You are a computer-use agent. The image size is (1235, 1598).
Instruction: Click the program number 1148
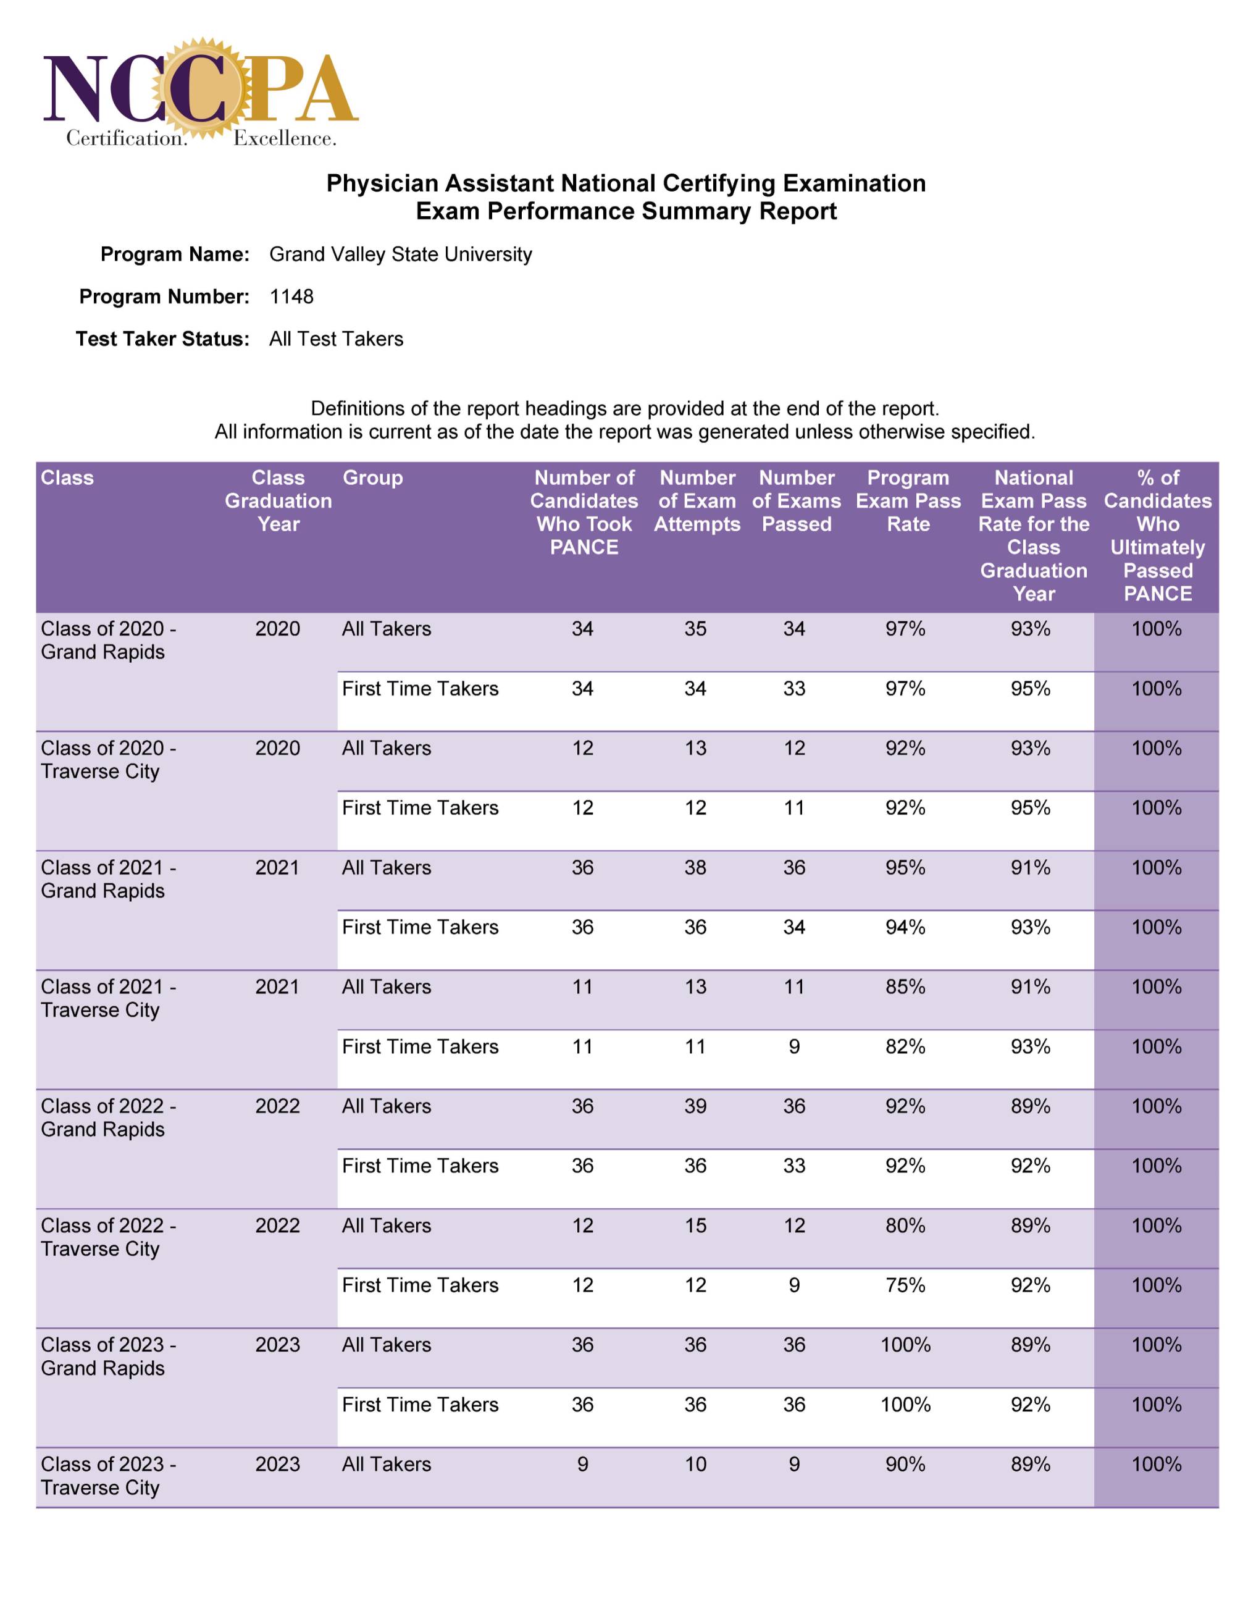pos(291,296)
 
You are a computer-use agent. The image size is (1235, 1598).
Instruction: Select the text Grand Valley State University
pos(400,254)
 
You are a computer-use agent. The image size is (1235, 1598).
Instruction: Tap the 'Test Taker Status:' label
pos(162,339)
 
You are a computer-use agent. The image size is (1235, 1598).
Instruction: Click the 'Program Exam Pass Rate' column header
pos(907,500)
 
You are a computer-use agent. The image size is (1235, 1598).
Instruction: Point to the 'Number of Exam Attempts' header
pos(697,500)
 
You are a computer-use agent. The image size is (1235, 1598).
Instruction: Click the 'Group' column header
pos(372,477)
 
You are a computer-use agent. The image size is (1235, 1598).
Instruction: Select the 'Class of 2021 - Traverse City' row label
pos(108,998)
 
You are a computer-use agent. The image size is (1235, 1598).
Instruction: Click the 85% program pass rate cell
pos(905,986)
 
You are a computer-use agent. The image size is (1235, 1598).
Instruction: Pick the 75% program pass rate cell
pos(905,1285)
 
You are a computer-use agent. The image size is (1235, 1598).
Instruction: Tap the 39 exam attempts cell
pos(695,1106)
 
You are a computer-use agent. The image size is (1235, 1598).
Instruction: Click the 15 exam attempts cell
pos(695,1225)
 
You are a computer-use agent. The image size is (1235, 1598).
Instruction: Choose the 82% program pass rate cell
pos(905,1046)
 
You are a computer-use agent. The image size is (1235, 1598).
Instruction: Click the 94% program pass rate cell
pos(905,927)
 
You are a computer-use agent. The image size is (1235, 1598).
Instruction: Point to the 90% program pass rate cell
pos(905,1464)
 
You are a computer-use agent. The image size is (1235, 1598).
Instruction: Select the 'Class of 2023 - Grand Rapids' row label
pos(108,1356)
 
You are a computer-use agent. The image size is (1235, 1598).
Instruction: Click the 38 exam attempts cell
pos(695,867)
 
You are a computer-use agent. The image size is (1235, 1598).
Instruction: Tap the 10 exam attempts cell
pos(695,1464)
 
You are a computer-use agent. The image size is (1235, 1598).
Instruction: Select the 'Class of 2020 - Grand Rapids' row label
pos(108,640)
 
